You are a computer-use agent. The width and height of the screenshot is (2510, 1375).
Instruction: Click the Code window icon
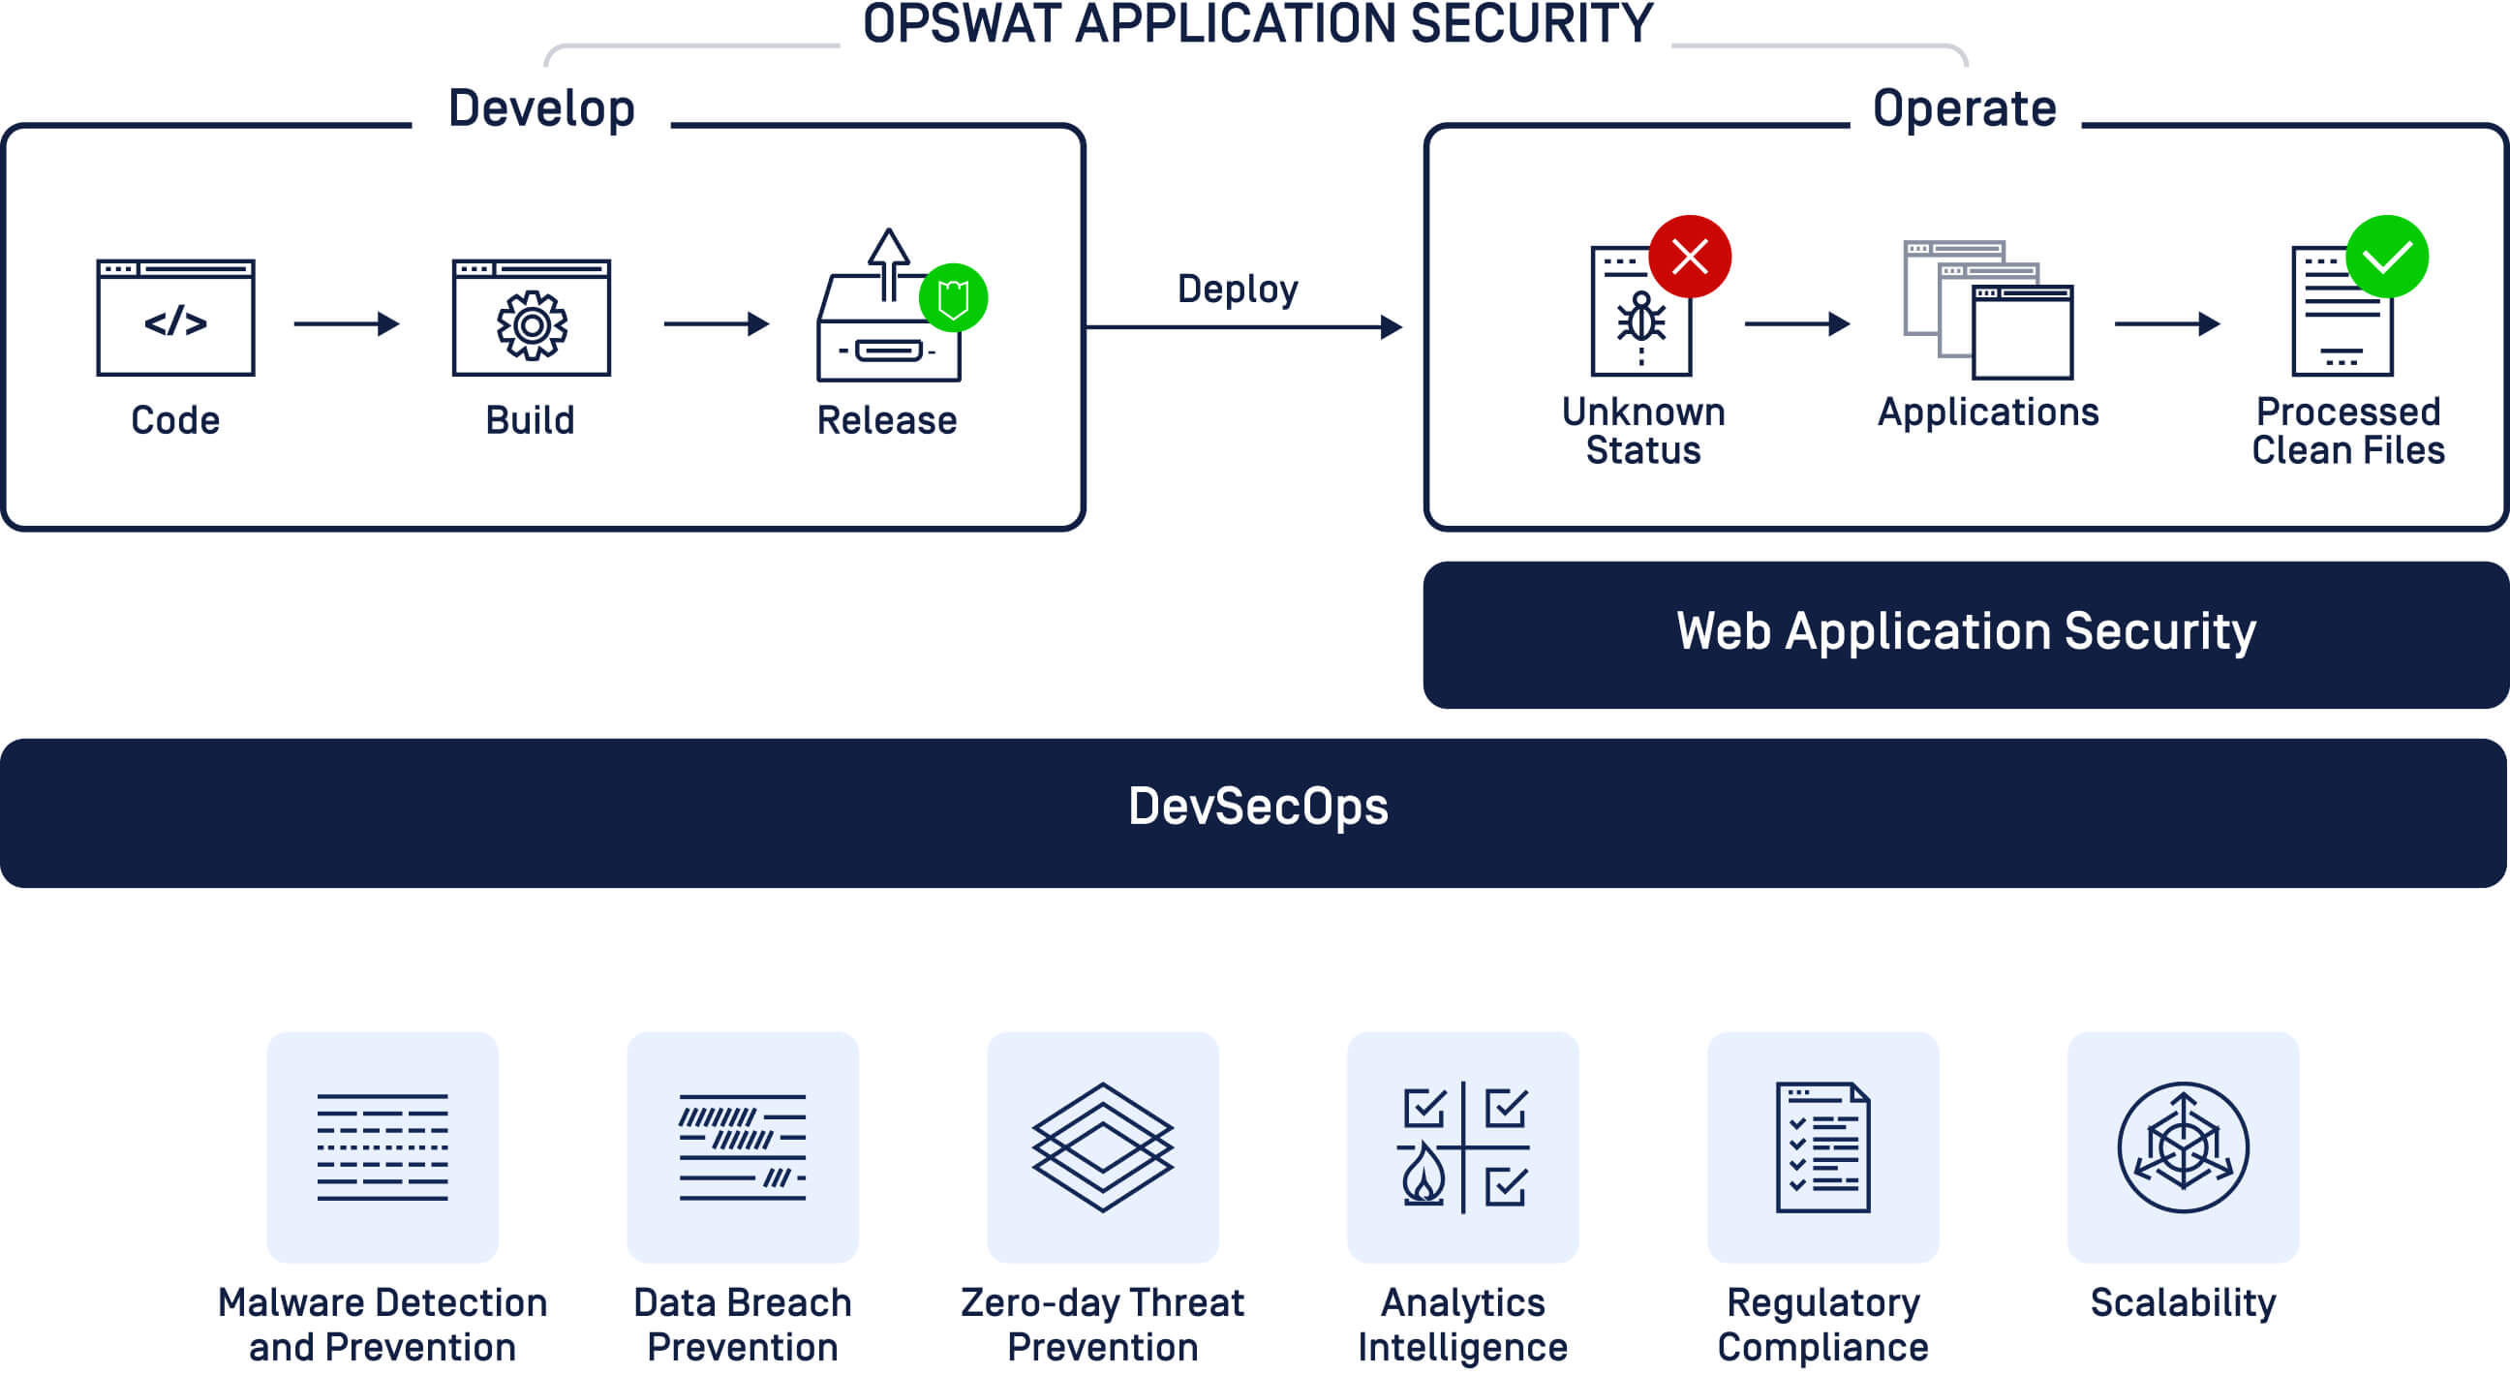tap(175, 318)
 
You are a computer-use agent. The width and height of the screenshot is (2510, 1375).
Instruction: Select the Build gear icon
tap(531, 324)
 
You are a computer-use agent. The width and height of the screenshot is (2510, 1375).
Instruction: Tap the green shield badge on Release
tap(953, 298)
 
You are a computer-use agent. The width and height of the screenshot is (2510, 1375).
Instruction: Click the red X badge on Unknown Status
tap(1690, 257)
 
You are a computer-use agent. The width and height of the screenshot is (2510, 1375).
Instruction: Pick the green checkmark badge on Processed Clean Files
tap(2386, 257)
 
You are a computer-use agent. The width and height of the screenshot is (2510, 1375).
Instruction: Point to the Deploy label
tap(1238, 289)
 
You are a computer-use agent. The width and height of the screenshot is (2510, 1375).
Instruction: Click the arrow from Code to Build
tap(346, 323)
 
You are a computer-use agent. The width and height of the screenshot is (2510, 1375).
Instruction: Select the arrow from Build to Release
tap(717, 323)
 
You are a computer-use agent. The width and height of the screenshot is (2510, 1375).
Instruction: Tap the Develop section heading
tap(541, 108)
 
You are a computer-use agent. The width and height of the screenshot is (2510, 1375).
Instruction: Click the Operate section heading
tap(1965, 108)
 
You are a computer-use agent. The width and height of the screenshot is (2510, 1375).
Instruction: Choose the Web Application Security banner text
tap(1966, 631)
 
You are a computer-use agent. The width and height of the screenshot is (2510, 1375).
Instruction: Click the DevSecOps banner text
tap(1257, 807)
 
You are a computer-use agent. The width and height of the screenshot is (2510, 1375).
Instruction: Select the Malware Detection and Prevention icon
tap(382, 1147)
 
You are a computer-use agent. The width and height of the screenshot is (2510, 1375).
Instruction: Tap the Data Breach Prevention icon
tap(743, 1147)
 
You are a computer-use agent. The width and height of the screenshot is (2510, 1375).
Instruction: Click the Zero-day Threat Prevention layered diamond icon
tap(1102, 1147)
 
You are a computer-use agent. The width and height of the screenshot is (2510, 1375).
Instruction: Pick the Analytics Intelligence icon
tap(1462, 1147)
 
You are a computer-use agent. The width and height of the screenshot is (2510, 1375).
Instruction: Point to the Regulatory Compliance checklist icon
tap(1822, 1147)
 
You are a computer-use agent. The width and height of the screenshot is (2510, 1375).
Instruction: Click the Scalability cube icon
tap(2183, 1147)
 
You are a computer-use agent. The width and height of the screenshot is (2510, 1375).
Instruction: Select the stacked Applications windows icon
tap(1988, 310)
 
